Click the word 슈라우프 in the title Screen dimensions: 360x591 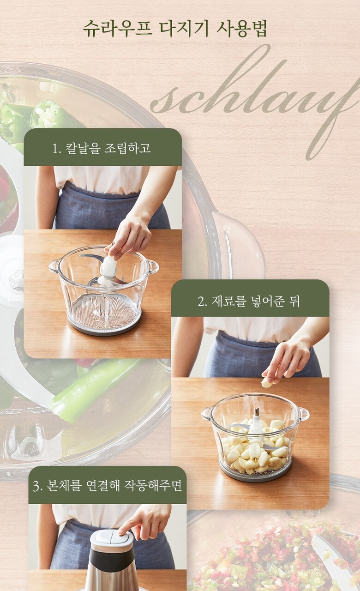click(x=117, y=28)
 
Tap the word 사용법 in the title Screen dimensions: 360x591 click(x=241, y=28)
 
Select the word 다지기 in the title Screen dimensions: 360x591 click(x=184, y=28)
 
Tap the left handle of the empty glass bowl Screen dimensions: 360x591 click(x=54, y=266)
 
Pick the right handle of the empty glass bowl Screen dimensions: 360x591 click(x=153, y=266)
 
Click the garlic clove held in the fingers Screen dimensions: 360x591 click(x=267, y=383)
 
